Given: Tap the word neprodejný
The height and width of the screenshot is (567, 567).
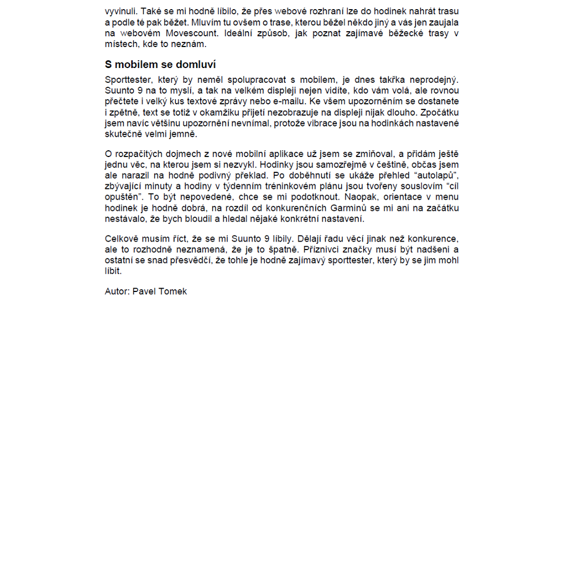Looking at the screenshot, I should coord(433,80).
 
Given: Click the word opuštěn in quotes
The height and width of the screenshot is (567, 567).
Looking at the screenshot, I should coord(123,197).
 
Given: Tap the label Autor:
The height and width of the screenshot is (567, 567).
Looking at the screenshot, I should coord(117,291).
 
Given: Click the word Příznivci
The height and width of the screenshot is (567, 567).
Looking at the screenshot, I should coord(324,249).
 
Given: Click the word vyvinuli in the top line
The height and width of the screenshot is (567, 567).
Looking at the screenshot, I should coord(120,11).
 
